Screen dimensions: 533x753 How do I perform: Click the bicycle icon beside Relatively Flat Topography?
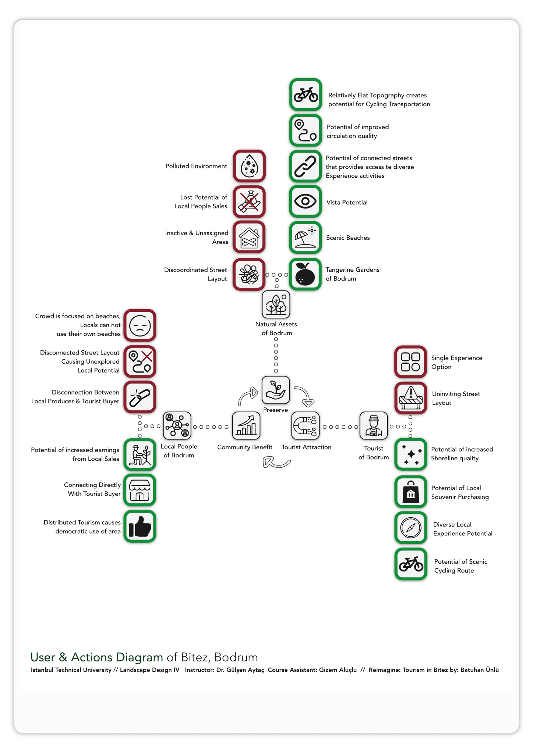coord(306,94)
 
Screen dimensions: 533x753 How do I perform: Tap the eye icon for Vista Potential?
coord(306,201)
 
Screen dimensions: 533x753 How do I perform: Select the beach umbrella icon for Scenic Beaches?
coord(306,238)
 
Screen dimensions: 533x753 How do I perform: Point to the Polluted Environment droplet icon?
coord(249,166)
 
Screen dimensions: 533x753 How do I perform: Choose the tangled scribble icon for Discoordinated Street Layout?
coord(249,274)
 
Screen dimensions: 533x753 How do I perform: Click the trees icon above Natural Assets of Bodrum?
coord(276,304)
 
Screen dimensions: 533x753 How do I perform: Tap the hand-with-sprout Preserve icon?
coord(276,390)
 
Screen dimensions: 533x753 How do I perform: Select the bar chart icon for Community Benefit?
coord(246,425)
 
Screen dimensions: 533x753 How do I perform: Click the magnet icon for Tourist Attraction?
coord(306,425)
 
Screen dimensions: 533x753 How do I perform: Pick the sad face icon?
coord(140,325)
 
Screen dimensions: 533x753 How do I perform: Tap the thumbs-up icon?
coord(140,526)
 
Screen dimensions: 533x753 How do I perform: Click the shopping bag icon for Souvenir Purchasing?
coord(411,492)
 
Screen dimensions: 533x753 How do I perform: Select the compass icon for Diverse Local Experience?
coord(411,528)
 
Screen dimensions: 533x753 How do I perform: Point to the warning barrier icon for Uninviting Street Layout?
coord(411,398)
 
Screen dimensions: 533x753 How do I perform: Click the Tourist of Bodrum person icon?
coord(374,425)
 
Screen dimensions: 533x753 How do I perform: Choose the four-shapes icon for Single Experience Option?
coord(411,362)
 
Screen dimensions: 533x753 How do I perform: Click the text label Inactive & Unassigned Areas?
coord(197,238)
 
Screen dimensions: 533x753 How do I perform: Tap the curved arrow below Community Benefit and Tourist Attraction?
coord(277,463)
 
